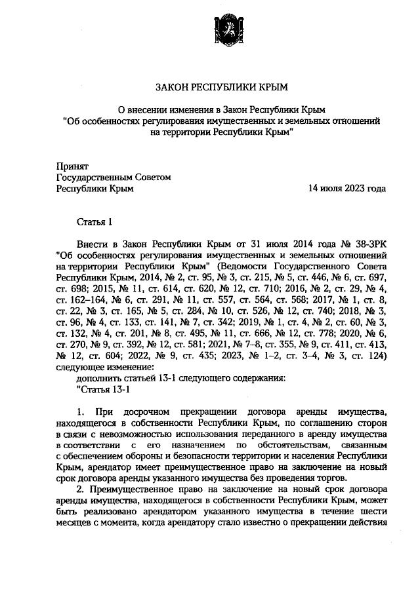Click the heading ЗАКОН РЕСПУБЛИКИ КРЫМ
[x=221, y=86]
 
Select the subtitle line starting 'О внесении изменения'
[x=221, y=109]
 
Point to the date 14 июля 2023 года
[x=347, y=188]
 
